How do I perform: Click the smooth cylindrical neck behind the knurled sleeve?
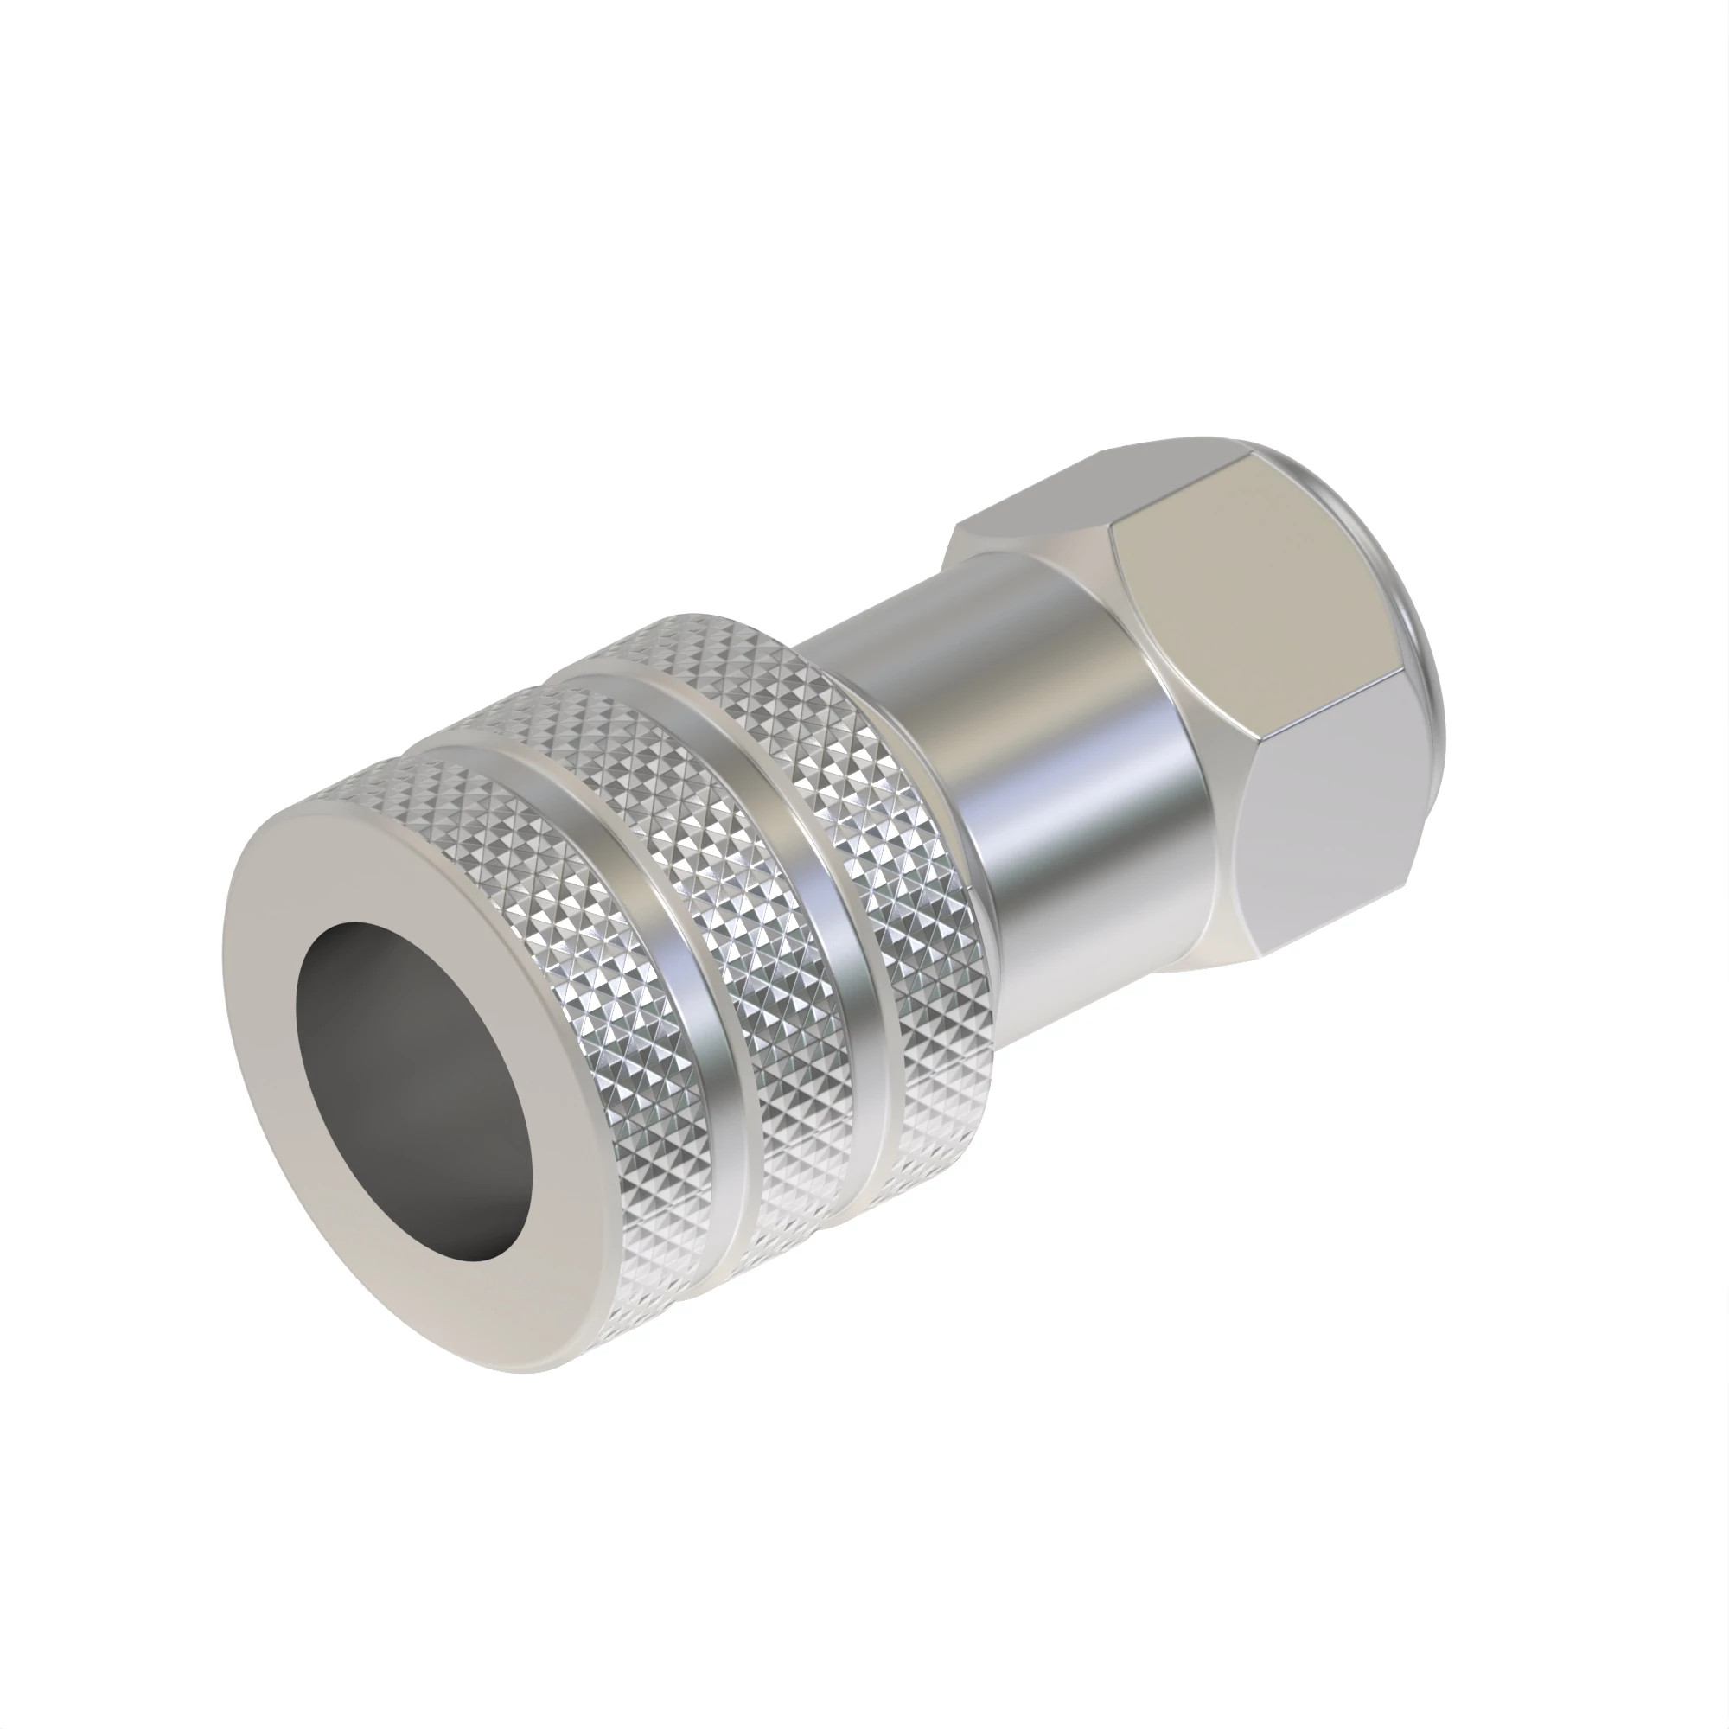(1056, 761)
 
